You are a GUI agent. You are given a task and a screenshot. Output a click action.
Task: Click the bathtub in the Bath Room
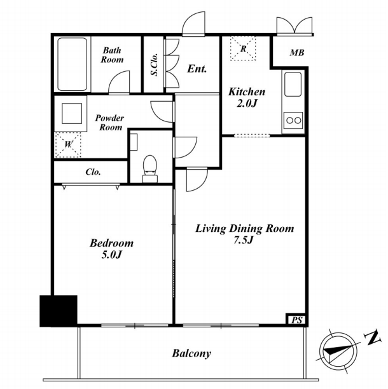[x=73, y=64]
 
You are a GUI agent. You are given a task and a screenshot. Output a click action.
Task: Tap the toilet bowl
[x=150, y=165]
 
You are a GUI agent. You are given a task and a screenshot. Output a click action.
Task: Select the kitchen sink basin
[x=293, y=84]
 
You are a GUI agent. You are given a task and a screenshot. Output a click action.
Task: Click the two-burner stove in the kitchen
[x=293, y=120]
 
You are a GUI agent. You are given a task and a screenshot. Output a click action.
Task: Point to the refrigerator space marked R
[x=243, y=48]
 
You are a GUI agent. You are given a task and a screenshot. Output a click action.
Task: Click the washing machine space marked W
[x=68, y=145]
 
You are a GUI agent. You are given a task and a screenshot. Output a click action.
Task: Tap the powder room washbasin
[x=72, y=114]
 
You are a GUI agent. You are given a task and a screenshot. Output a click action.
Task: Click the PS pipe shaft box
[x=296, y=320]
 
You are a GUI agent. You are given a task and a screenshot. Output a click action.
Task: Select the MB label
[x=297, y=53]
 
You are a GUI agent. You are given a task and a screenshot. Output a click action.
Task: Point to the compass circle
[x=338, y=352]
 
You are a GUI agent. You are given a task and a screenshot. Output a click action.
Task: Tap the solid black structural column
[x=59, y=311]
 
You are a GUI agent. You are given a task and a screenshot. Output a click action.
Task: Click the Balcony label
[x=191, y=353]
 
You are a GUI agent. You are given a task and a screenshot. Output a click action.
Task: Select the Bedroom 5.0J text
[x=111, y=249]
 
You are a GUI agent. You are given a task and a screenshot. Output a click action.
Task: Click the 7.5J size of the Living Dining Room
[x=243, y=240]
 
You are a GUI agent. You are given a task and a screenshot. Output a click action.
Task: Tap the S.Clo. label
[x=155, y=64]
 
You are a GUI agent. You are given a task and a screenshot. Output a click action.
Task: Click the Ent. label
[x=197, y=69]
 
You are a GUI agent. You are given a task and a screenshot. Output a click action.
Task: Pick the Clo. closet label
[x=93, y=172]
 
